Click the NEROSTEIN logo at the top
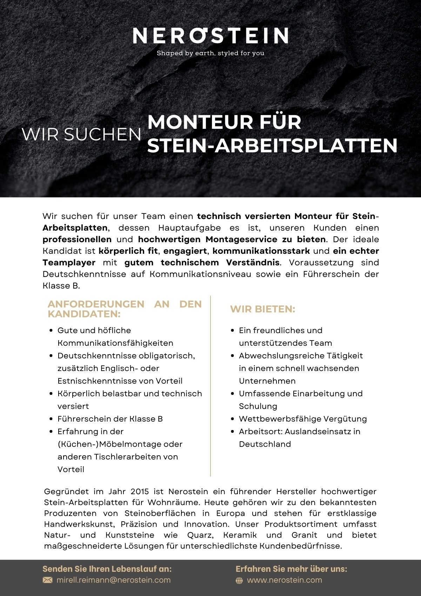click(x=210, y=35)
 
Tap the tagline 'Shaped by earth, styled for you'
click(x=210, y=53)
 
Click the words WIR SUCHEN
click(x=81, y=134)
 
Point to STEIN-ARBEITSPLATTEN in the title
click(x=272, y=146)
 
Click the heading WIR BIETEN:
click(x=262, y=309)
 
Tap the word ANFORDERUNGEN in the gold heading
click(x=96, y=304)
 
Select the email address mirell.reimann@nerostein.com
click(x=114, y=580)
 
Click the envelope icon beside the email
click(x=47, y=580)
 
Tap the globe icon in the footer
click(x=239, y=581)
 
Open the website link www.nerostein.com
click(x=285, y=580)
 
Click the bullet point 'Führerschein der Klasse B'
click(x=110, y=419)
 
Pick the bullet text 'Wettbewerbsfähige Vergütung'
click(x=303, y=419)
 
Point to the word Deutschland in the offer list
click(x=265, y=444)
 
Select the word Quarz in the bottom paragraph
click(x=200, y=535)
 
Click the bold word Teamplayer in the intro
click(x=69, y=263)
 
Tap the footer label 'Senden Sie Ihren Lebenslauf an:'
click(x=107, y=569)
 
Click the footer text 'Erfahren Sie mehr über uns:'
click(x=291, y=569)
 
